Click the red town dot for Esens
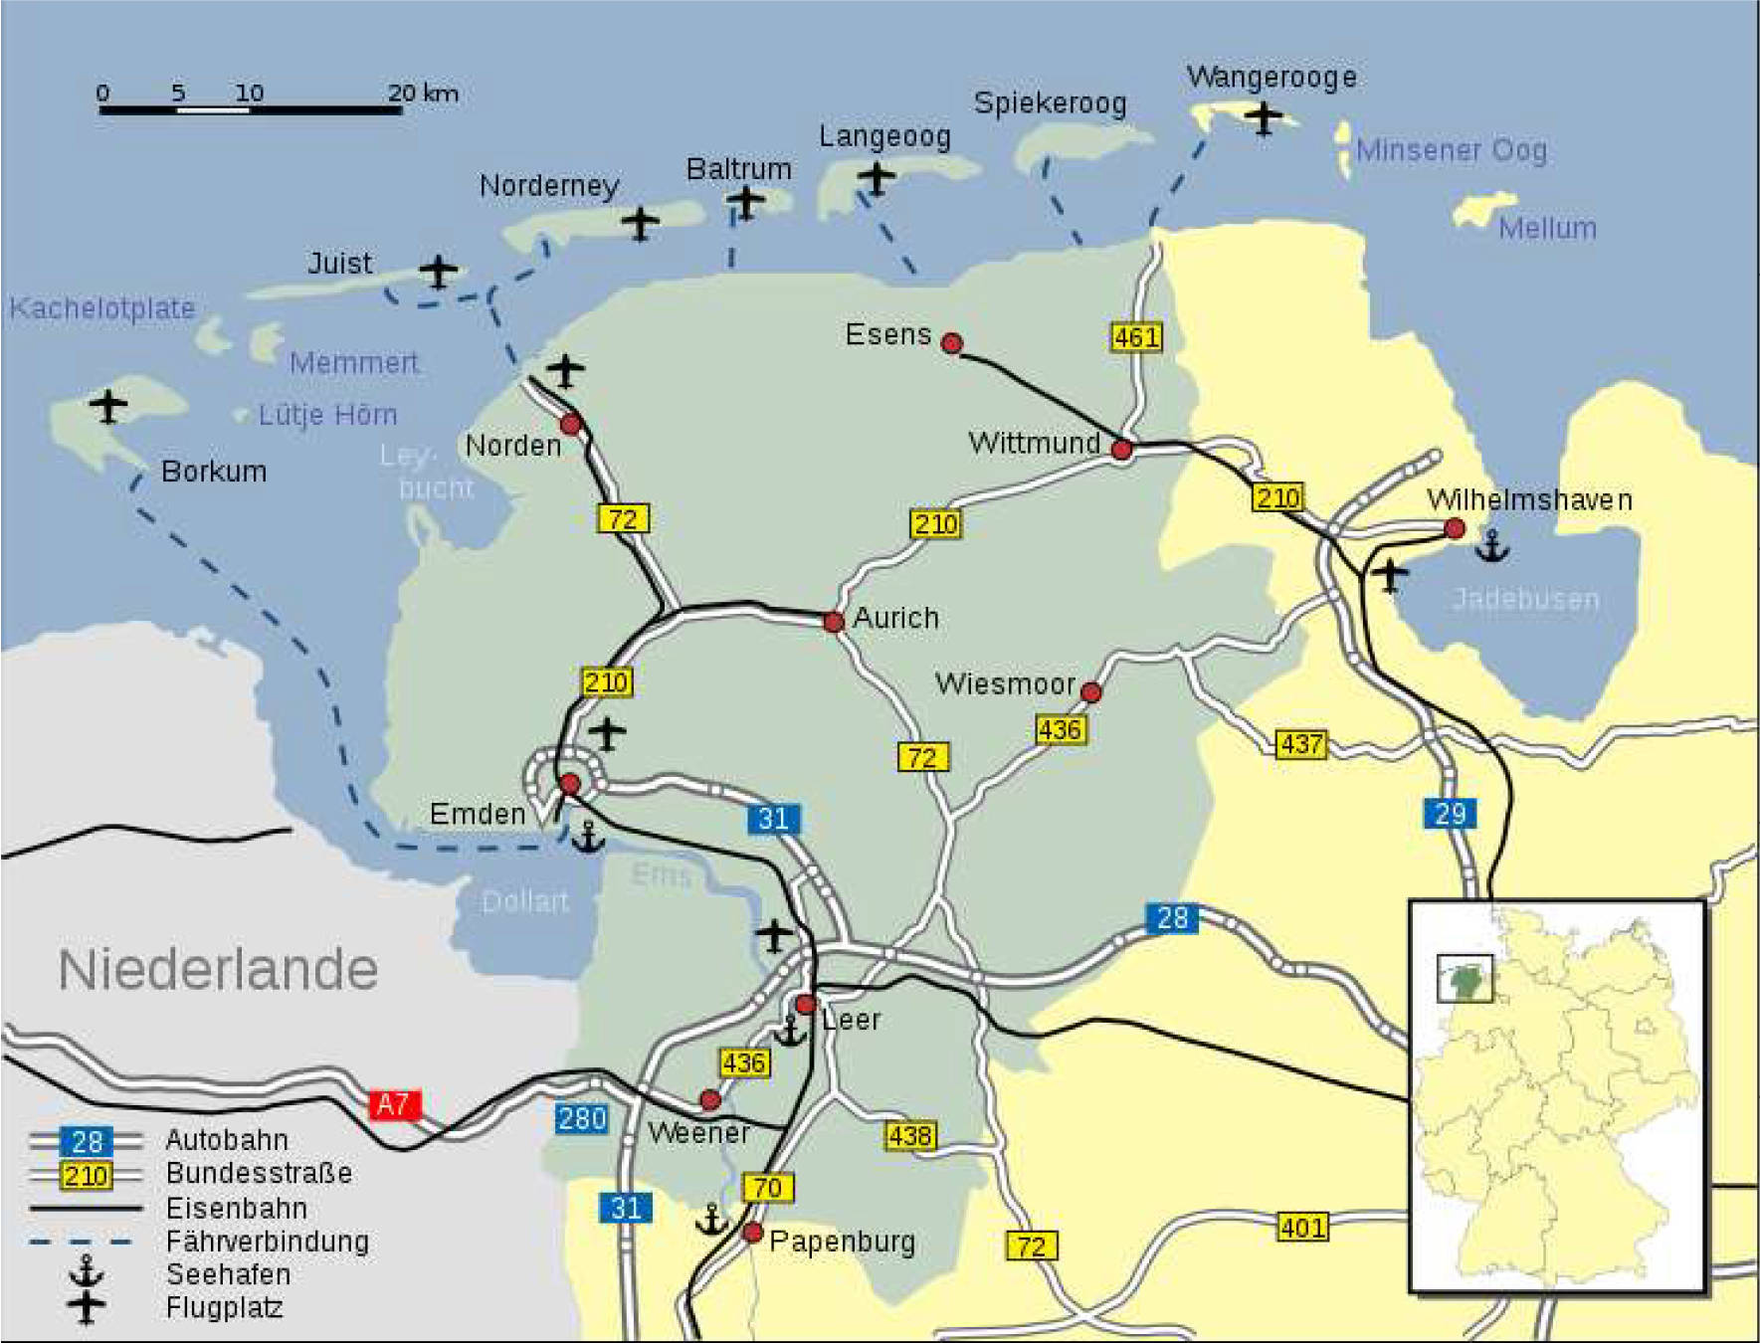[x=952, y=344]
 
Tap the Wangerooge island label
[x=1271, y=78]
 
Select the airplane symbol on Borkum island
[x=108, y=405]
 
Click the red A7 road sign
[x=394, y=1104]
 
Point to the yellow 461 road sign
[x=1136, y=337]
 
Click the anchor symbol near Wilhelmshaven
[x=1491, y=546]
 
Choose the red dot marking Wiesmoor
[x=1091, y=691]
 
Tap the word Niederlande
[x=218, y=970]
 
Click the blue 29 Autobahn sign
[x=1450, y=814]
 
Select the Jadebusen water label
[x=1525, y=599]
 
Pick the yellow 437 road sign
[x=1301, y=744]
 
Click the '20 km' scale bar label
[x=424, y=94]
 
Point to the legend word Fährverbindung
[x=267, y=1242]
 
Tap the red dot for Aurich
[x=834, y=622]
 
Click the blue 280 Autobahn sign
[x=582, y=1119]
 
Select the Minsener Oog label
[x=1451, y=150]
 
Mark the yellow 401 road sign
[x=1302, y=1228]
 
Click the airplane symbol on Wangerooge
[x=1264, y=117]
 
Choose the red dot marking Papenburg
[x=753, y=1234]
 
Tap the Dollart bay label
[x=524, y=902]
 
